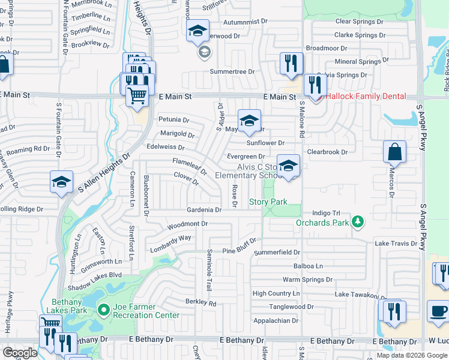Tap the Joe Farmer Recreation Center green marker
(x=103, y=310)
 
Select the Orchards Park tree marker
(x=358, y=223)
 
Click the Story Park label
(x=268, y=202)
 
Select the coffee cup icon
(x=438, y=311)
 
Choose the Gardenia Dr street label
(x=204, y=210)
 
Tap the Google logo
(x=20, y=353)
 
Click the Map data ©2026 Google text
(x=411, y=355)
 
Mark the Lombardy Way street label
(x=170, y=239)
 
